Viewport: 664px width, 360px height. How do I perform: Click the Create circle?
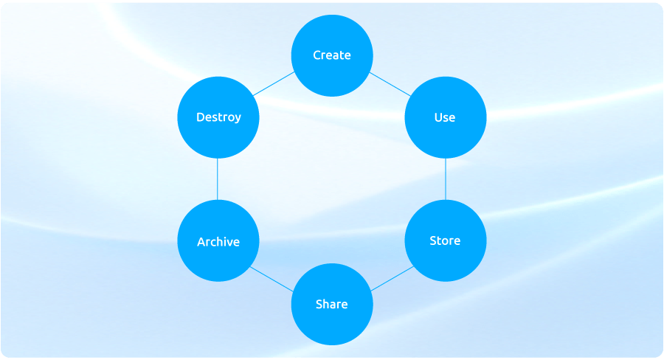click(x=332, y=55)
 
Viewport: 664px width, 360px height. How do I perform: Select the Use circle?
click(x=446, y=117)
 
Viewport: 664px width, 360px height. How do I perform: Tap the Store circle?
click(x=446, y=240)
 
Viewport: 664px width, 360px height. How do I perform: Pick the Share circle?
click(x=332, y=304)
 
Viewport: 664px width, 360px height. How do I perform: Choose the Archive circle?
click(x=218, y=240)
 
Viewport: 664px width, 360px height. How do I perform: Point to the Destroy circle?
click(x=218, y=117)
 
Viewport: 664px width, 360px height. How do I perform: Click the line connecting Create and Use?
click(x=389, y=85)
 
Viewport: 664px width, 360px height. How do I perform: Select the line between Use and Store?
click(x=446, y=179)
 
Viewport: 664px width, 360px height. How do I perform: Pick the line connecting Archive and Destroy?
click(x=218, y=179)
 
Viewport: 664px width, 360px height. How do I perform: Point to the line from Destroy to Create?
click(x=274, y=85)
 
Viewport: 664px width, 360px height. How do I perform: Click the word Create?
click(x=332, y=55)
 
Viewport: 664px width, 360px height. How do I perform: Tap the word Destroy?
click(x=218, y=117)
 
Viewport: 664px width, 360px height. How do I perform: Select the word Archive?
click(x=218, y=241)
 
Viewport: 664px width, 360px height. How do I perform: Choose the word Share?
click(x=332, y=304)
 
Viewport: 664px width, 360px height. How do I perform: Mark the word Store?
click(x=446, y=240)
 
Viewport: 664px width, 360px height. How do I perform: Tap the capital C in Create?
click(x=317, y=55)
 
